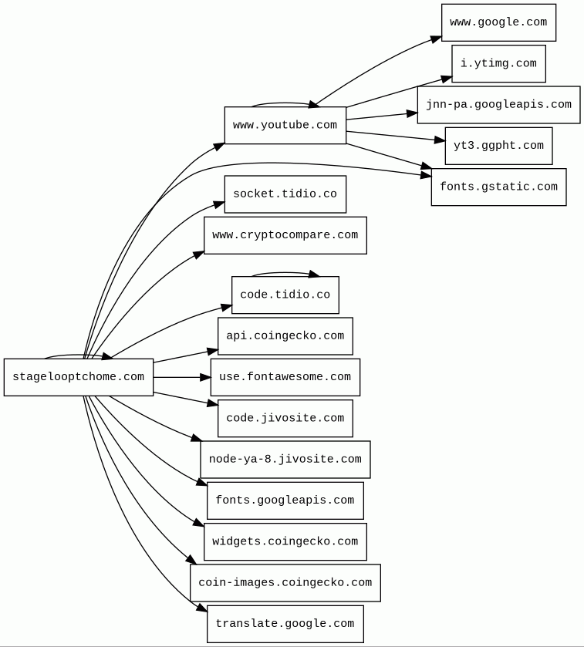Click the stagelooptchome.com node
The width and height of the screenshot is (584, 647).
78,377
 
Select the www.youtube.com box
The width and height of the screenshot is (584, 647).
285,125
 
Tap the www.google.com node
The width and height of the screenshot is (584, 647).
498,22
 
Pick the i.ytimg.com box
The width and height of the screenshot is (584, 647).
498,63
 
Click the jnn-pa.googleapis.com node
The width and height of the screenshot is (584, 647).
498,105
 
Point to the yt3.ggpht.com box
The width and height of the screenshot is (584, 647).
498,146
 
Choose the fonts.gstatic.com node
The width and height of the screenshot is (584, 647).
498,187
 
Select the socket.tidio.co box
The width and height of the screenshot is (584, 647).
285,194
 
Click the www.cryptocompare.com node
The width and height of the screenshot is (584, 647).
285,235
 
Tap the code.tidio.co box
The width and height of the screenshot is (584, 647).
285,295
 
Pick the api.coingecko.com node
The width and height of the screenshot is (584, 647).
285,336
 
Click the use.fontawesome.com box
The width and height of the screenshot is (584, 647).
285,377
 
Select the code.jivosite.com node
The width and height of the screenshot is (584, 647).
285,418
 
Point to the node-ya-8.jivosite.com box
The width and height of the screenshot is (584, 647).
285,460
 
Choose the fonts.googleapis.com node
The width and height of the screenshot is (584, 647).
285,500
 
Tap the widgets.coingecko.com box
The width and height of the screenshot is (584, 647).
285,541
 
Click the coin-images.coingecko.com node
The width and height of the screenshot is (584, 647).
285,583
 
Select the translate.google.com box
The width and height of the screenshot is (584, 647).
285,624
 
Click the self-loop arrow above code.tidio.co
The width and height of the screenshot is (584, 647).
284,272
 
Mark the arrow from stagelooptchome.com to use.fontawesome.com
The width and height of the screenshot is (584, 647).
182,377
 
